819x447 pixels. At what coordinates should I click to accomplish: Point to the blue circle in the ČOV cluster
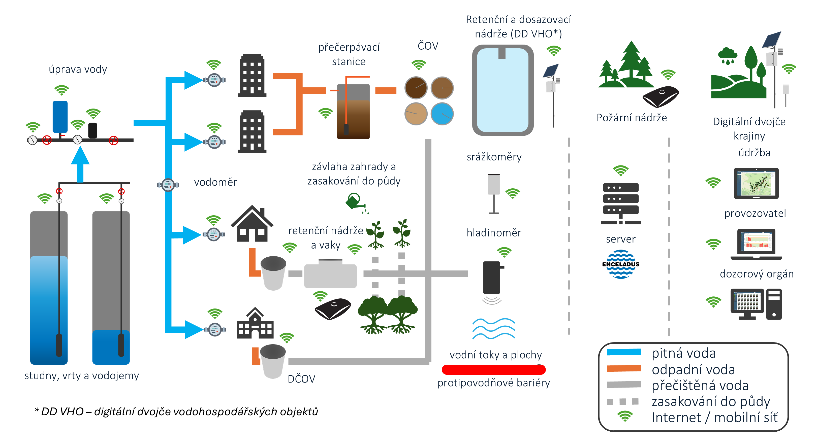[x=442, y=114]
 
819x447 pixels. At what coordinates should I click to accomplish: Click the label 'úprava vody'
[x=78, y=69]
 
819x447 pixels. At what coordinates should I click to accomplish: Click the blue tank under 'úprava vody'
[x=60, y=117]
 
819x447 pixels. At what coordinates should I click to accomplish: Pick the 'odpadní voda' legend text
[x=693, y=369]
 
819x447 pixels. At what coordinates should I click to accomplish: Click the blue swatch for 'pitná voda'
[x=624, y=352]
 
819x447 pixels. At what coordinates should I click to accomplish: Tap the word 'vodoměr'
[x=215, y=182]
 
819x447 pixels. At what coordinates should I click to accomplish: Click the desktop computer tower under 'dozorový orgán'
[x=774, y=304]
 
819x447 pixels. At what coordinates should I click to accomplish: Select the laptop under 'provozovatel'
[x=756, y=244]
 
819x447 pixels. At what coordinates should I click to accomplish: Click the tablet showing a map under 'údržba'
[x=756, y=183]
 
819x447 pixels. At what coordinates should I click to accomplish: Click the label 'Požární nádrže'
[x=632, y=118]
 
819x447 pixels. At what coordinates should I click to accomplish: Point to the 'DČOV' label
[x=301, y=379]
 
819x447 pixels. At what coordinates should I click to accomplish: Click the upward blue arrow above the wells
[x=80, y=164]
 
